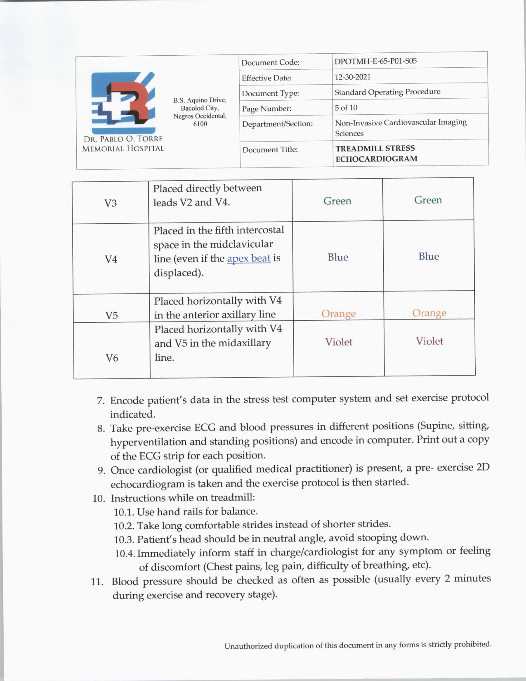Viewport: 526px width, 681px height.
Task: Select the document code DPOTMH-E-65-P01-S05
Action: [375, 61]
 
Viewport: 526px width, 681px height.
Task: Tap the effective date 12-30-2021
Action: [352, 77]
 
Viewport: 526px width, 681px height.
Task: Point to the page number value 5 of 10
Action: [346, 108]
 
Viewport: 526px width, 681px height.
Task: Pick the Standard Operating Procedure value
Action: [387, 92]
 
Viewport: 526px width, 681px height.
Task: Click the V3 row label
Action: [110, 203]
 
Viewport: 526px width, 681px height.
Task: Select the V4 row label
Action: [111, 259]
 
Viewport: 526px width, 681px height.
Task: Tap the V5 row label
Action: [111, 316]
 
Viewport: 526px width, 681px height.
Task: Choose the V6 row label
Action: [112, 358]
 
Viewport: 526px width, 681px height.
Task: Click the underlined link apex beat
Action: [249, 258]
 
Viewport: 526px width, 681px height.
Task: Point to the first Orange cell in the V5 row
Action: [338, 314]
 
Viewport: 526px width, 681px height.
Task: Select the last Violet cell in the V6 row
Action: [429, 341]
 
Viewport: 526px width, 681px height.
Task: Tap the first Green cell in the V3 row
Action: [337, 201]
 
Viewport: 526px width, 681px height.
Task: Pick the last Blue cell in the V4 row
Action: [429, 256]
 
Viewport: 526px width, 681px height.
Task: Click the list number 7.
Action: [101, 401]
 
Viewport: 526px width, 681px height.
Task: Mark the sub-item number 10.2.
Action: [124, 526]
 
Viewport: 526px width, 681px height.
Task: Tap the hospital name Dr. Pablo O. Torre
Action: [123, 139]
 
